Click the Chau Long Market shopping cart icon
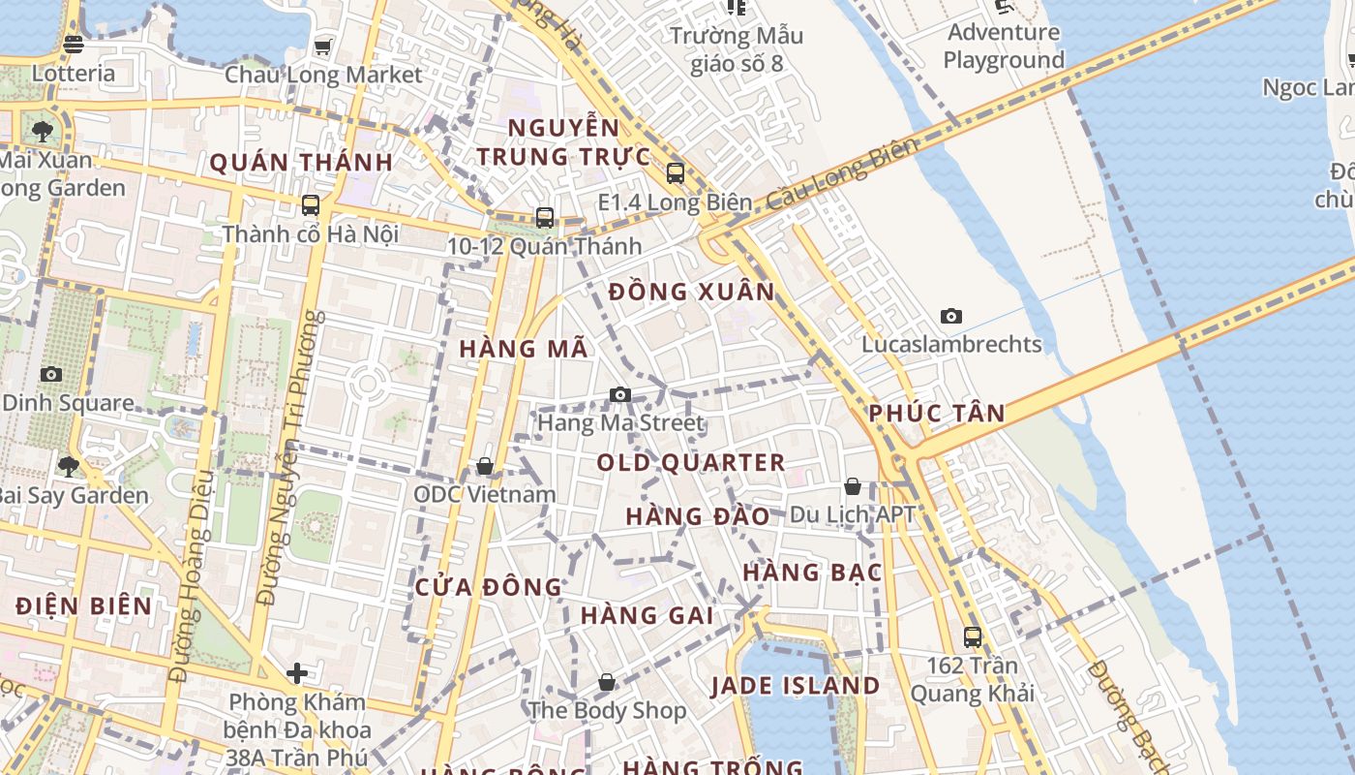(322, 46)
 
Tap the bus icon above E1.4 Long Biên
(675, 173)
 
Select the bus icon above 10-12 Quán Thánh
(545, 217)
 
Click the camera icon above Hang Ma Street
(620, 394)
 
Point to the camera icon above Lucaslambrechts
(951, 316)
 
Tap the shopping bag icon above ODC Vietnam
(485, 467)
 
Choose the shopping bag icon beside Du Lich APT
(853, 486)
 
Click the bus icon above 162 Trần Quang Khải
(973, 637)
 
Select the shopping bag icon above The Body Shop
(607, 682)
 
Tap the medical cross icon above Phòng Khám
(297, 672)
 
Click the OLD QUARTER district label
(691, 463)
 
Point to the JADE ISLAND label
(796, 687)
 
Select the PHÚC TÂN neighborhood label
(936, 414)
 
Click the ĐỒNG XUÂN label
(692, 292)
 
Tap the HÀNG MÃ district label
(524, 349)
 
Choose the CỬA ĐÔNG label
(489, 587)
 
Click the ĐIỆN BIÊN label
(84, 606)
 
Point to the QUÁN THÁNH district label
(301, 163)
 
